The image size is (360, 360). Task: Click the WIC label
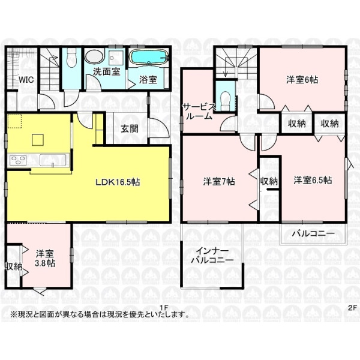pos(26,80)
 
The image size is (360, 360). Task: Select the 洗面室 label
pos(107,71)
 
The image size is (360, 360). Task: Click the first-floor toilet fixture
pos(71,59)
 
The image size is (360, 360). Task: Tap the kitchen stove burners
pos(17,160)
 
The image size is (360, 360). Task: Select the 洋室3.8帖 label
pos(45,258)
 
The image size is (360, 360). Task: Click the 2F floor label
pos(352,308)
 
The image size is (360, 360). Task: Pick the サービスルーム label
pos(199,112)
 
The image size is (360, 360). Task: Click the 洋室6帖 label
pos(302,80)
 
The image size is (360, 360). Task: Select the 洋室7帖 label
pos(219,181)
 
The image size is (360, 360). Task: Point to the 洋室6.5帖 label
pos(313,180)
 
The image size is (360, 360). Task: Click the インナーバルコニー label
pos(212,256)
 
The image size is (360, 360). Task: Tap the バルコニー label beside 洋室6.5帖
pos(314,234)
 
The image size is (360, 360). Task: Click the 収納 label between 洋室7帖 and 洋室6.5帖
pos(269,181)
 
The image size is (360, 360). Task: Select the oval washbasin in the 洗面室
pos(94,56)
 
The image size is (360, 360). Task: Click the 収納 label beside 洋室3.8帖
pos(14,266)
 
